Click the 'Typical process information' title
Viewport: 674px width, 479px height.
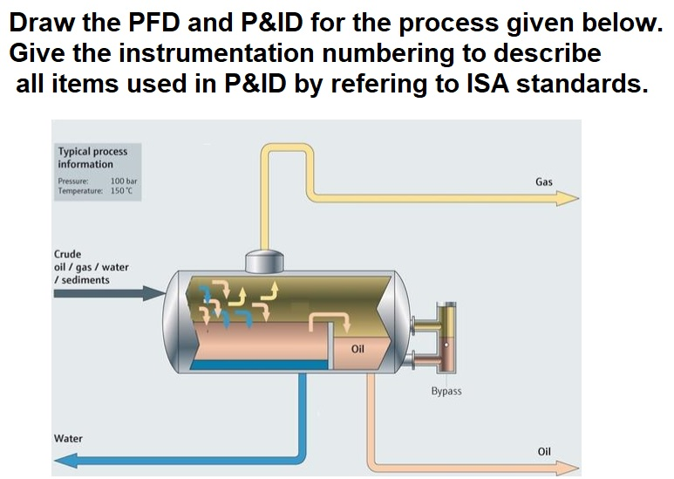point(92,157)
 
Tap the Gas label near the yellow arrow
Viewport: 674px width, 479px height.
point(544,182)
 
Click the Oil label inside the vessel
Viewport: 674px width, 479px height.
point(357,349)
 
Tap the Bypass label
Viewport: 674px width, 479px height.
point(446,392)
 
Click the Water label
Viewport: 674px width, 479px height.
point(68,438)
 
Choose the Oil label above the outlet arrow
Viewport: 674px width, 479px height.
point(544,451)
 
